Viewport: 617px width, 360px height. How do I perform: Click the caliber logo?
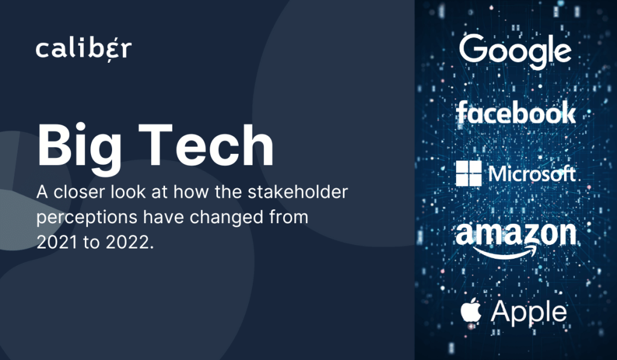point(84,49)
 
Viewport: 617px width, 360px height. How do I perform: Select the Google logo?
point(515,51)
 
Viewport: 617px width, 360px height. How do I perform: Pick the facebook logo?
point(516,112)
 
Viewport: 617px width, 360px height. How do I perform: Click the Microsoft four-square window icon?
point(469,173)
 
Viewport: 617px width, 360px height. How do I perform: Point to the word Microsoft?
point(532,174)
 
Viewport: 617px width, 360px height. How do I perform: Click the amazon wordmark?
point(516,234)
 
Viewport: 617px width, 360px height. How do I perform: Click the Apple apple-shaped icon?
point(471,311)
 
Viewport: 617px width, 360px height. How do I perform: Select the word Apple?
point(529,313)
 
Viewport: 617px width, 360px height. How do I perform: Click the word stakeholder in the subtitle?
point(298,192)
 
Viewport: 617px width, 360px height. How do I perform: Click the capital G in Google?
point(473,48)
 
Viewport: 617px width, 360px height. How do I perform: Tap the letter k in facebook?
point(567,112)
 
